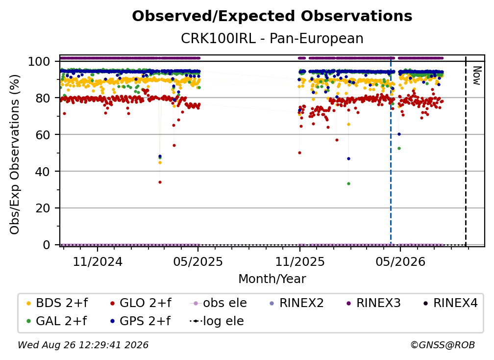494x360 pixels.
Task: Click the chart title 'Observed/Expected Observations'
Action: coord(272,16)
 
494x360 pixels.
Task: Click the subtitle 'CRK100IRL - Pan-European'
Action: coord(272,38)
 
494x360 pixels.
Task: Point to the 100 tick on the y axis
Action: coord(39,61)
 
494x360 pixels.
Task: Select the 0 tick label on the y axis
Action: coord(46,245)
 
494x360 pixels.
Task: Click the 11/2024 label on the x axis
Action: coord(98,261)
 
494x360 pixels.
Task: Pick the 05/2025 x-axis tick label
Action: coord(198,261)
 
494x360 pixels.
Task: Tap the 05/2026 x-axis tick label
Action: coord(400,261)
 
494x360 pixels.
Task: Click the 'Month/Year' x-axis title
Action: coord(272,279)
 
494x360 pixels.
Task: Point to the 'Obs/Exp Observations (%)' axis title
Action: coord(15,154)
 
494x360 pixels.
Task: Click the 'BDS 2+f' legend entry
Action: coord(57,303)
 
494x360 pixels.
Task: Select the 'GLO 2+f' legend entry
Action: coord(141,303)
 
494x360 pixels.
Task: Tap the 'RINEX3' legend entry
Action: coord(373,303)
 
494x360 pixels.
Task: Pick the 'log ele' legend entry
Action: coord(217,321)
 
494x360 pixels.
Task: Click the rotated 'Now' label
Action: coord(477,76)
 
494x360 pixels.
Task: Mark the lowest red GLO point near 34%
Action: coord(160,182)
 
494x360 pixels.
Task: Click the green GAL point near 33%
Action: coord(348,184)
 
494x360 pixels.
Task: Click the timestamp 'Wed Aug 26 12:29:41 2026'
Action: coord(83,345)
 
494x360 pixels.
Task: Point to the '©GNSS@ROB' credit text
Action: coord(443,345)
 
